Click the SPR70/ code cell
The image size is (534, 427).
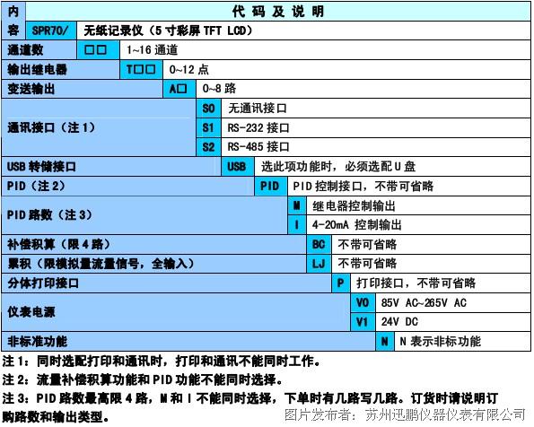[x=51, y=30]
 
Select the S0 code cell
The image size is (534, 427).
[x=208, y=109]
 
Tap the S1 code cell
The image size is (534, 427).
[x=208, y=128]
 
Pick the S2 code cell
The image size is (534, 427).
[x=208, y=147]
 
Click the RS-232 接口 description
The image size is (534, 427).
[x=258, y=128]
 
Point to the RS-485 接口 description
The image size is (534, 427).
[x=258, y=147]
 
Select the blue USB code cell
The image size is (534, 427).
[x=237, y=167]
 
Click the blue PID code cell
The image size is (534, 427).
[x=270, y=187]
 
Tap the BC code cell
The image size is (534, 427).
[x=319, y=245]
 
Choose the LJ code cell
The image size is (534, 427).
[x=319, y=264]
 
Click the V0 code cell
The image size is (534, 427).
[x=363, y=302]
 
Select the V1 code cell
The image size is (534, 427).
[x=363, y=322]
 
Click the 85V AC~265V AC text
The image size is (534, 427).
[x=424, y=302]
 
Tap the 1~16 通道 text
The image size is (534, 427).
[x=153, y=50]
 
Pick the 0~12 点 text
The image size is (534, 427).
[x=188, y=69]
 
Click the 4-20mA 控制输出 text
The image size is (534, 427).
[x=357, y=225]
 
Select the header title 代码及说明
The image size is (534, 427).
[x=278, y=12]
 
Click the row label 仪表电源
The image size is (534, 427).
[x=31, y=312]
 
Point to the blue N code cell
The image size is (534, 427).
[x=385, y=341]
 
